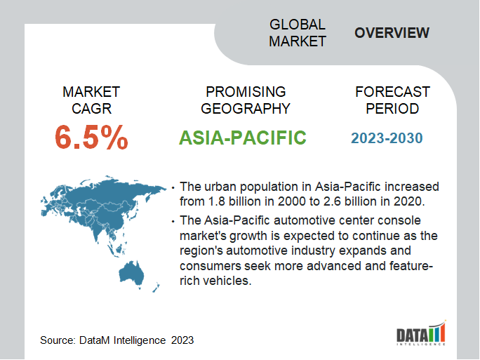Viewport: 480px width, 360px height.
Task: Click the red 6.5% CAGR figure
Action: tap(91, 138)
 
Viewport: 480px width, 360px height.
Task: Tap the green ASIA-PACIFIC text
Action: tap(242, 138)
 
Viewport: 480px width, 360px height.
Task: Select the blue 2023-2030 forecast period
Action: tap(387, 138)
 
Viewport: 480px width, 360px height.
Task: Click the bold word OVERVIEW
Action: tap(392, 33)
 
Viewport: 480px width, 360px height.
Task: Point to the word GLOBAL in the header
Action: tap(298, 25)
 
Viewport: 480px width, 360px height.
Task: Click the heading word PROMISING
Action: tap(246, 92)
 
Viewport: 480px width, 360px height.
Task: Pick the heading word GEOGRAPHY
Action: tap(246, 109)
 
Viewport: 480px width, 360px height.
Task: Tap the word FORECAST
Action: tap(392, 92)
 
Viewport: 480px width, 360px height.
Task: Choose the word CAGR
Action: tap(91, 109)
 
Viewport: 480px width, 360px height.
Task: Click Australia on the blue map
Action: tap(131, 273)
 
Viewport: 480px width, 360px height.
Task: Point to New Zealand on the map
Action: tap(156, 288)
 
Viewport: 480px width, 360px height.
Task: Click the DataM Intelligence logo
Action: tap(421, 333)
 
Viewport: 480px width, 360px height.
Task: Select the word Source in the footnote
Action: tap(58, 340)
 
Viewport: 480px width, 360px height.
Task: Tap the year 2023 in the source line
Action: tap(182, 340)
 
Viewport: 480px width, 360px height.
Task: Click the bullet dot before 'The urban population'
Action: tap(173, 187)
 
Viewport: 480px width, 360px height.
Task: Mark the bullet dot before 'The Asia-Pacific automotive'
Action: tap(173, 221)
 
